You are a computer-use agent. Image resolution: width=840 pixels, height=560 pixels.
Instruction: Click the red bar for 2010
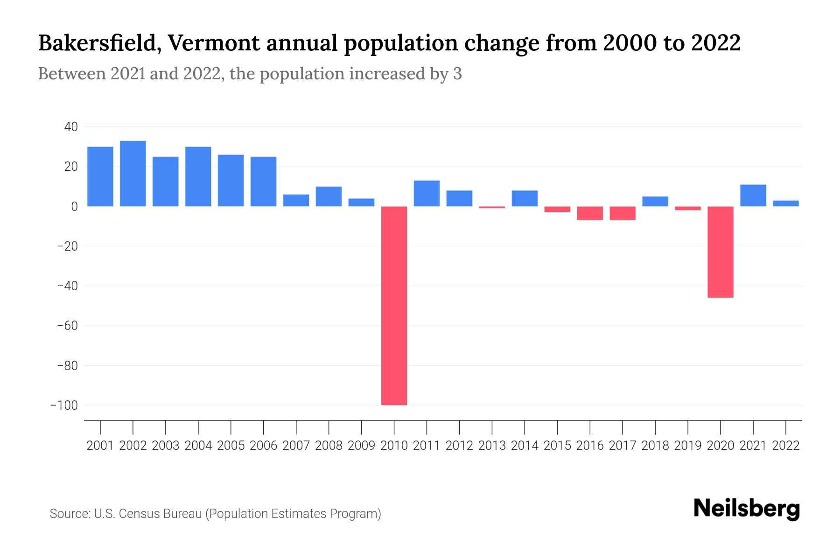tap(394, 306)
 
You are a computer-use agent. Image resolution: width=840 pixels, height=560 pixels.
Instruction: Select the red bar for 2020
tap(720, 252)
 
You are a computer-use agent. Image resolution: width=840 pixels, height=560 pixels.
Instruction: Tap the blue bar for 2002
tap(133, 174)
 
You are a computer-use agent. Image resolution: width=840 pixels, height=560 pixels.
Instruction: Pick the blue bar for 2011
tap(427, 193)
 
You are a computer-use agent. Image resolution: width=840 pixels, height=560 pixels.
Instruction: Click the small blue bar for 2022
tap(785, 203)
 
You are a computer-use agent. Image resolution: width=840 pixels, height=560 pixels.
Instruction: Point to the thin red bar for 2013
tap(492, 207)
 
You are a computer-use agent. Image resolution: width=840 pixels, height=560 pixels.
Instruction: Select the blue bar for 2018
tap(655, 201)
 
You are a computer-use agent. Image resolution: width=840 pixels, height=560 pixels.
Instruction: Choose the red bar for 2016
tap(590, 213)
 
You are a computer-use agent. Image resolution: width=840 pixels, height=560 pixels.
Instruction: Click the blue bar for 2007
tap(296, 200)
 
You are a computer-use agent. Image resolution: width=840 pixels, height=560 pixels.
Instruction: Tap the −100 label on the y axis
tap(64, 405)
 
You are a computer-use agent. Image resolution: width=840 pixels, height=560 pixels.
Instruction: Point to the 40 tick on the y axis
tap(71, 127)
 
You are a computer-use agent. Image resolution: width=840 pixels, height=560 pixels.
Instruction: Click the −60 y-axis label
tap(67, 326)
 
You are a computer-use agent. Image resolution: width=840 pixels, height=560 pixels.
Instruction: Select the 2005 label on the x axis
tap(231, 446)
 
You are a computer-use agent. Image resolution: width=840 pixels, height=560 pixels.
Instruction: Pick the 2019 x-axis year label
tap(687, 446)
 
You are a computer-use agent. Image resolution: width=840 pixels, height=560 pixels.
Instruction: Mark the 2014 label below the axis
tap(525, 446)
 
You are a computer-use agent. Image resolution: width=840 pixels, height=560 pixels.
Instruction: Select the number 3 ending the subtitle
tap(457, 74)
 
